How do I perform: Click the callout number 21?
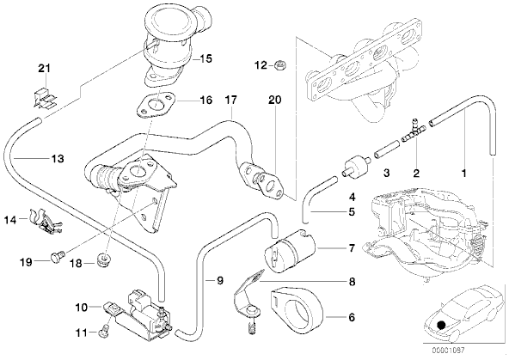(x=45, y=69)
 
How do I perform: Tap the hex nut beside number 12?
(x=279, y=65)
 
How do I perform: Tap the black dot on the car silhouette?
(x=440, y=325)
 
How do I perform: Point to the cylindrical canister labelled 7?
(x=291, y=251)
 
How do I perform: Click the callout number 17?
(x=230, y=100)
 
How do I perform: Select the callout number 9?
(x=220, y=280)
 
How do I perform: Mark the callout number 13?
(x=57, y=159)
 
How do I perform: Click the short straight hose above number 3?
(x=386, y=148)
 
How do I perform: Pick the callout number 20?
(x=274, y=100)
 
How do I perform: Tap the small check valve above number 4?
(x=356, y=166)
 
